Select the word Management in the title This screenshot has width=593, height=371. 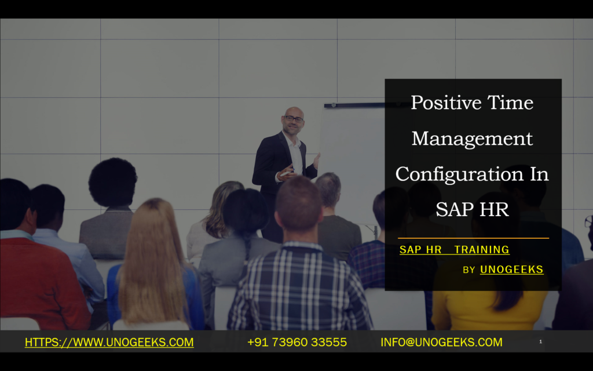(472, 139)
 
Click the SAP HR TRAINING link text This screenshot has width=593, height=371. (454, 250)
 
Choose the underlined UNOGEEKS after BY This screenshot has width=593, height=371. (511, 270)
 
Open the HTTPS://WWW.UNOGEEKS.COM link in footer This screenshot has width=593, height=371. (109, 343)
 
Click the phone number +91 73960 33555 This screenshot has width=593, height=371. (296, 343)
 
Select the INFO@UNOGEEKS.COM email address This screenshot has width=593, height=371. (441, 343)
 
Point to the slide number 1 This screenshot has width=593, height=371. (540, 342)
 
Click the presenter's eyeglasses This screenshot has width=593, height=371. (294, 119)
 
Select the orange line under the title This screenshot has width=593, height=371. (473, 238)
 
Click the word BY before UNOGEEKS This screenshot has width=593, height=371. (469, 270)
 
